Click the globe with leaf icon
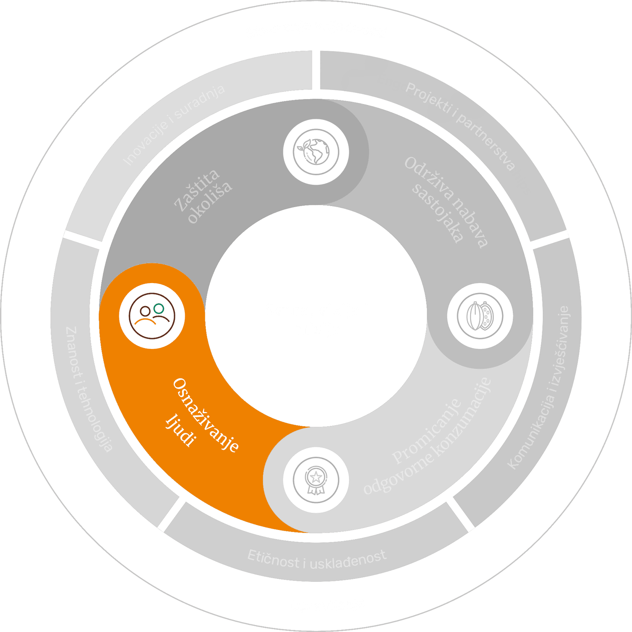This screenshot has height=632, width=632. click(x=316, y=151)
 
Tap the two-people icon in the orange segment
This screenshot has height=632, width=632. click(x=152, y=316)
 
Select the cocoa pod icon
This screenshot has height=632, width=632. click(x=480, y=316)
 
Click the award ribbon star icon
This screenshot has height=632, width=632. click(x=316, y=480)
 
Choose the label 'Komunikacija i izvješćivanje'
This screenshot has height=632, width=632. click(x=539, y=388)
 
